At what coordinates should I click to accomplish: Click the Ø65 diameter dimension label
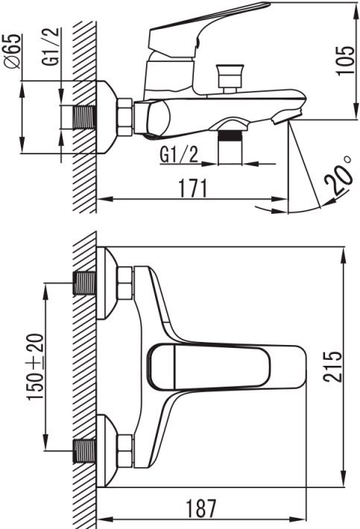pyautogui.click(x=13, y=51)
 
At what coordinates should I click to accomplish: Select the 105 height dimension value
pyautogui.click(x=346, y=60)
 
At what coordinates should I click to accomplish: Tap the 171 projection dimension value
pyautogui.click(x=192, y=189)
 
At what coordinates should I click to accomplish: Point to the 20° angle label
pyautogui.click(x=338, y=174)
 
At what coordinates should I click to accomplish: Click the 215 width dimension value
pyautogui.click(x=332, y=367)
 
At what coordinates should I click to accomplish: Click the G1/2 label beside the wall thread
pyautogui.click(x=50, y=46)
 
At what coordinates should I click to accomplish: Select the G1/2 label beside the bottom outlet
pyautogui.click(x=179, y=156)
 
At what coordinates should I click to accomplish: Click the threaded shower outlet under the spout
pyautogui.click(x=230, y=147)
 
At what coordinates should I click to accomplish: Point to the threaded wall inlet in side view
pyautogui.click(x=85, y=117)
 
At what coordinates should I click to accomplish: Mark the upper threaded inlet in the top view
pyautogui.click(x=85, y=283)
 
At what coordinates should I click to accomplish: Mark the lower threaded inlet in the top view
pyautogui.click(x=85, y=451)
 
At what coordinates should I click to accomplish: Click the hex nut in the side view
pyautogui.click(x=124, y=117)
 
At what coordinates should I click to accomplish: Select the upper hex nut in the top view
pyautogui.click(x=124, y=283)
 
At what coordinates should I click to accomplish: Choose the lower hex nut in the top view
pyautogui.click(x=124, y=451)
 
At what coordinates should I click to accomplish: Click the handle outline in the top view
pyautogui.click(x=209, y=367)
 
